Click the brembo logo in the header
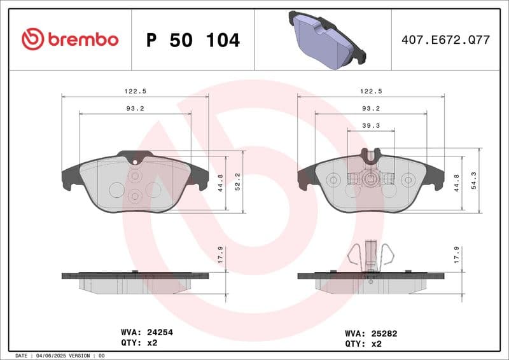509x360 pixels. click(69, 39)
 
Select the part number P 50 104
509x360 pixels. click(193, 40)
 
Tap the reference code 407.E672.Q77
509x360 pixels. click(445, 40)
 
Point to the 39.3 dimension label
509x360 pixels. click(370, 126)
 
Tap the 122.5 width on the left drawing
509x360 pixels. click(135, 91)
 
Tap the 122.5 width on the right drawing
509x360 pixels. click(371, 91)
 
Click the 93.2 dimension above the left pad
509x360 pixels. click(135, 108)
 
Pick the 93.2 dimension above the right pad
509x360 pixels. click(371, 108)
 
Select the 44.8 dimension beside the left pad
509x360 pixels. click(220, 183)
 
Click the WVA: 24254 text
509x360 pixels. click(147, 332)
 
